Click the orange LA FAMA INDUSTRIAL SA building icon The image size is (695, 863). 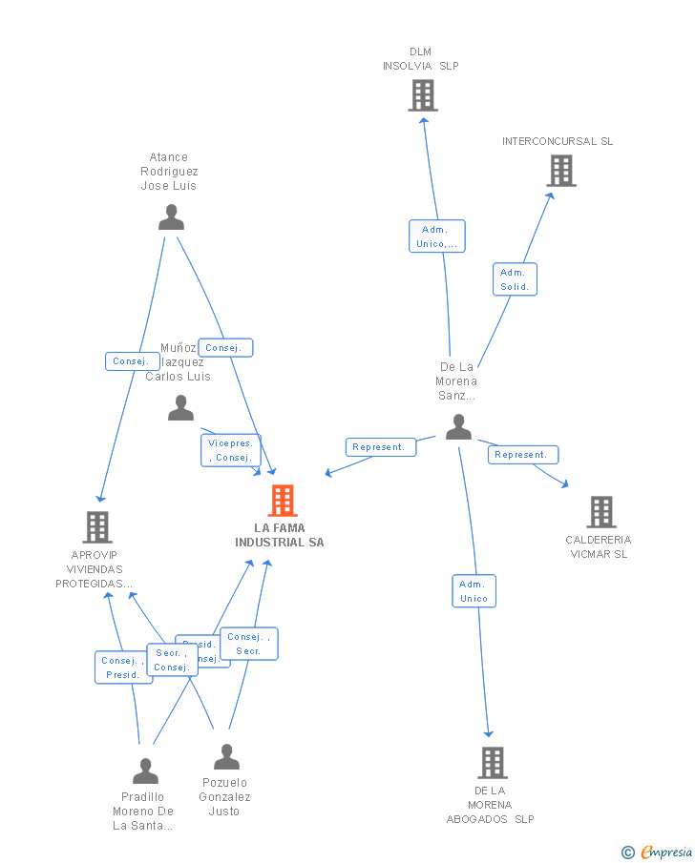click(282, 501)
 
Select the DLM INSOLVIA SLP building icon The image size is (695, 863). click(422, 95)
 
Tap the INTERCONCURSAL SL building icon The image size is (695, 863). click(561, 171)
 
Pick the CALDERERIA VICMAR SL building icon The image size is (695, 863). click(600, 512)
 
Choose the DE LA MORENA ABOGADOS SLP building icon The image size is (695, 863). click(492, 763)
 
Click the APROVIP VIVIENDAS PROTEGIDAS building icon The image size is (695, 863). click(96, 527)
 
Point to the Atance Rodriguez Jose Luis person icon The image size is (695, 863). click(171, 218)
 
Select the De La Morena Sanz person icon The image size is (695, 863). click(458, 426)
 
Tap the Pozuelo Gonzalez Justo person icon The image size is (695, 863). click(226, 757)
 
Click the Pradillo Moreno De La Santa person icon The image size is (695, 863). click(145, 771)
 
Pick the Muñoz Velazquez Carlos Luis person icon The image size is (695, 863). click(180, 408)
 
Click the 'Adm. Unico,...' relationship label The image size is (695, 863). click(437, 236)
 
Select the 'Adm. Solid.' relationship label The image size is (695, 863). click(515, 279)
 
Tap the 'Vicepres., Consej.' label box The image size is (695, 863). click(230, 450)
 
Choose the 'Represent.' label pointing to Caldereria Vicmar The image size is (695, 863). click(522, 455)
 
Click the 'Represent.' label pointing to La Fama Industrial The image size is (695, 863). click(380, 447)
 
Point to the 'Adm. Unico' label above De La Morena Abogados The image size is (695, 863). click(474, 591)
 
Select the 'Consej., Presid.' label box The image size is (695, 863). click(123, 668)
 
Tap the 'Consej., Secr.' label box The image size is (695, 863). click(249, 644)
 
